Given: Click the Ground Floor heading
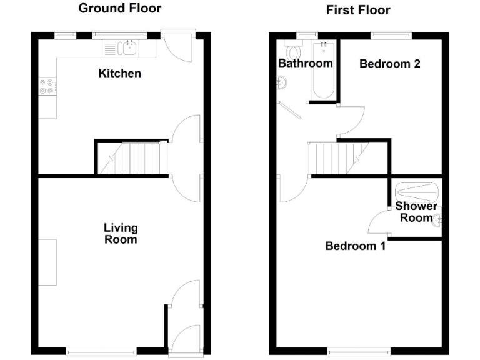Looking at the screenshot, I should pos(119,9).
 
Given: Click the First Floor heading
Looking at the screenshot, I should pos(358,10).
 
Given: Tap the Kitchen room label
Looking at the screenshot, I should pos(120,74).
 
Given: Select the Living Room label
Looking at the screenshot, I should pos(120,234).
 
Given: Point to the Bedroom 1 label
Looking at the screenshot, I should pos(355,246).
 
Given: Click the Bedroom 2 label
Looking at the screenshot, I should pos(389,64).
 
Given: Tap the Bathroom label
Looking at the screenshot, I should pos(305,64).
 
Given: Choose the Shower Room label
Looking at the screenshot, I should pos(416,212).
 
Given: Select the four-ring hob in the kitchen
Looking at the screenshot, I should pos(47,86).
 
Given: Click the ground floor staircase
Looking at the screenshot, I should pos(133,158).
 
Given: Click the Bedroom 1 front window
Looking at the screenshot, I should pos(359,351).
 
